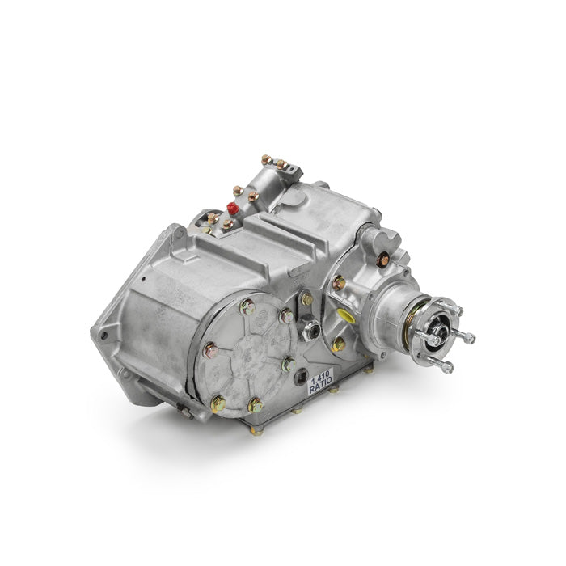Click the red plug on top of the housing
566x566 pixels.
point(230,208)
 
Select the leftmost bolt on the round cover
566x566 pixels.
point(210,351)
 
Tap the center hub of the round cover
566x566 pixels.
point(251,356)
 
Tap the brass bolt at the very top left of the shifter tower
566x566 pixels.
point(264,160)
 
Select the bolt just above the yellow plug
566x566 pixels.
point(339,283)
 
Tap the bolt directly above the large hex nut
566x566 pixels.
point(306,299)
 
